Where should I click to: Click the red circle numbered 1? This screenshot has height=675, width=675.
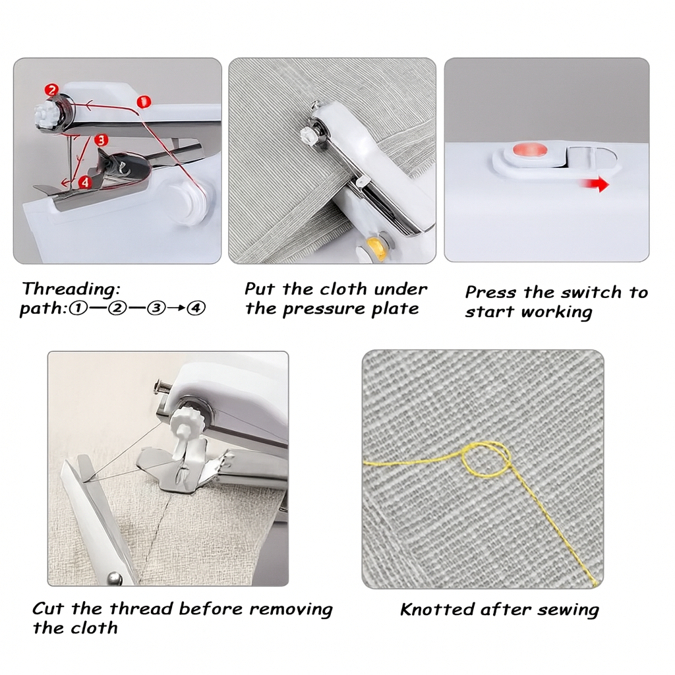click(144, 102)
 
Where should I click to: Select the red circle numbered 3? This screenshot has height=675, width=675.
click(100, 140)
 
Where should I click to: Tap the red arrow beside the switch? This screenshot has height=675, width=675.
click(596, 186)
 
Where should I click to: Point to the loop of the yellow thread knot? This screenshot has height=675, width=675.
click(485, 459)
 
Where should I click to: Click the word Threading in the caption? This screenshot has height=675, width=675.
click(71, 289)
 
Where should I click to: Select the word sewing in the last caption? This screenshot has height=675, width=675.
click(568, 610)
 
